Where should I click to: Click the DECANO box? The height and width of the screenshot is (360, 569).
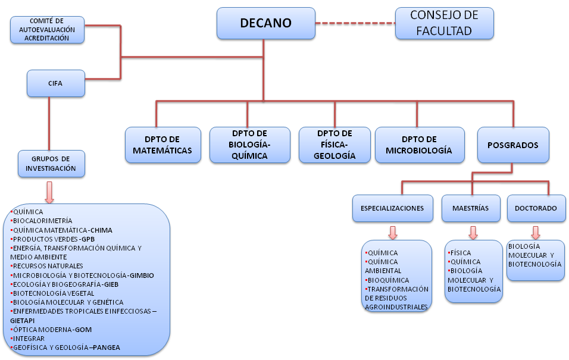tap(265, 23)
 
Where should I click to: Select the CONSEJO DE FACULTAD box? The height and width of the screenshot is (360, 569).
tap(445, 23)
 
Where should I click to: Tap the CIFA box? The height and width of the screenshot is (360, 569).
tap(55, 83)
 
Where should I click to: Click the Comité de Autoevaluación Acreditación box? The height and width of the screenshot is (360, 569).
tap(47, 30)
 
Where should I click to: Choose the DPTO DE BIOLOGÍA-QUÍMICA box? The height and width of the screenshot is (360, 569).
tap(249, 145)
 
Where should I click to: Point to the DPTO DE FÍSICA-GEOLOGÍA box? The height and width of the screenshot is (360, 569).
tap(335, 145)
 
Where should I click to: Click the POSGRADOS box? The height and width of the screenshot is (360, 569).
tap(512, 145)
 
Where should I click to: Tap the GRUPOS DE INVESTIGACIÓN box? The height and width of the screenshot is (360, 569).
tap(51, 164)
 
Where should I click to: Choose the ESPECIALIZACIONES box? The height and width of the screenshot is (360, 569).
tap(392, 208)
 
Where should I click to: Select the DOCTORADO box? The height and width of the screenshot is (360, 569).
tap(536, 208)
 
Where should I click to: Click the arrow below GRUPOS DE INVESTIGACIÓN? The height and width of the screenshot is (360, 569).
tap(49, 192)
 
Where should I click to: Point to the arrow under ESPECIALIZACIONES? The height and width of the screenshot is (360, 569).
tap(392, 231)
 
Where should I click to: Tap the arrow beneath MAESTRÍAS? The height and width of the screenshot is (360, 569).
tap(473, 231)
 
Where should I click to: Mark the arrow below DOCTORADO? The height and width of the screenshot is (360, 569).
tap(536, 231)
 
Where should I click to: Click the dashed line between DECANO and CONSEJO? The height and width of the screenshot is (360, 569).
tap(355, 23)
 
